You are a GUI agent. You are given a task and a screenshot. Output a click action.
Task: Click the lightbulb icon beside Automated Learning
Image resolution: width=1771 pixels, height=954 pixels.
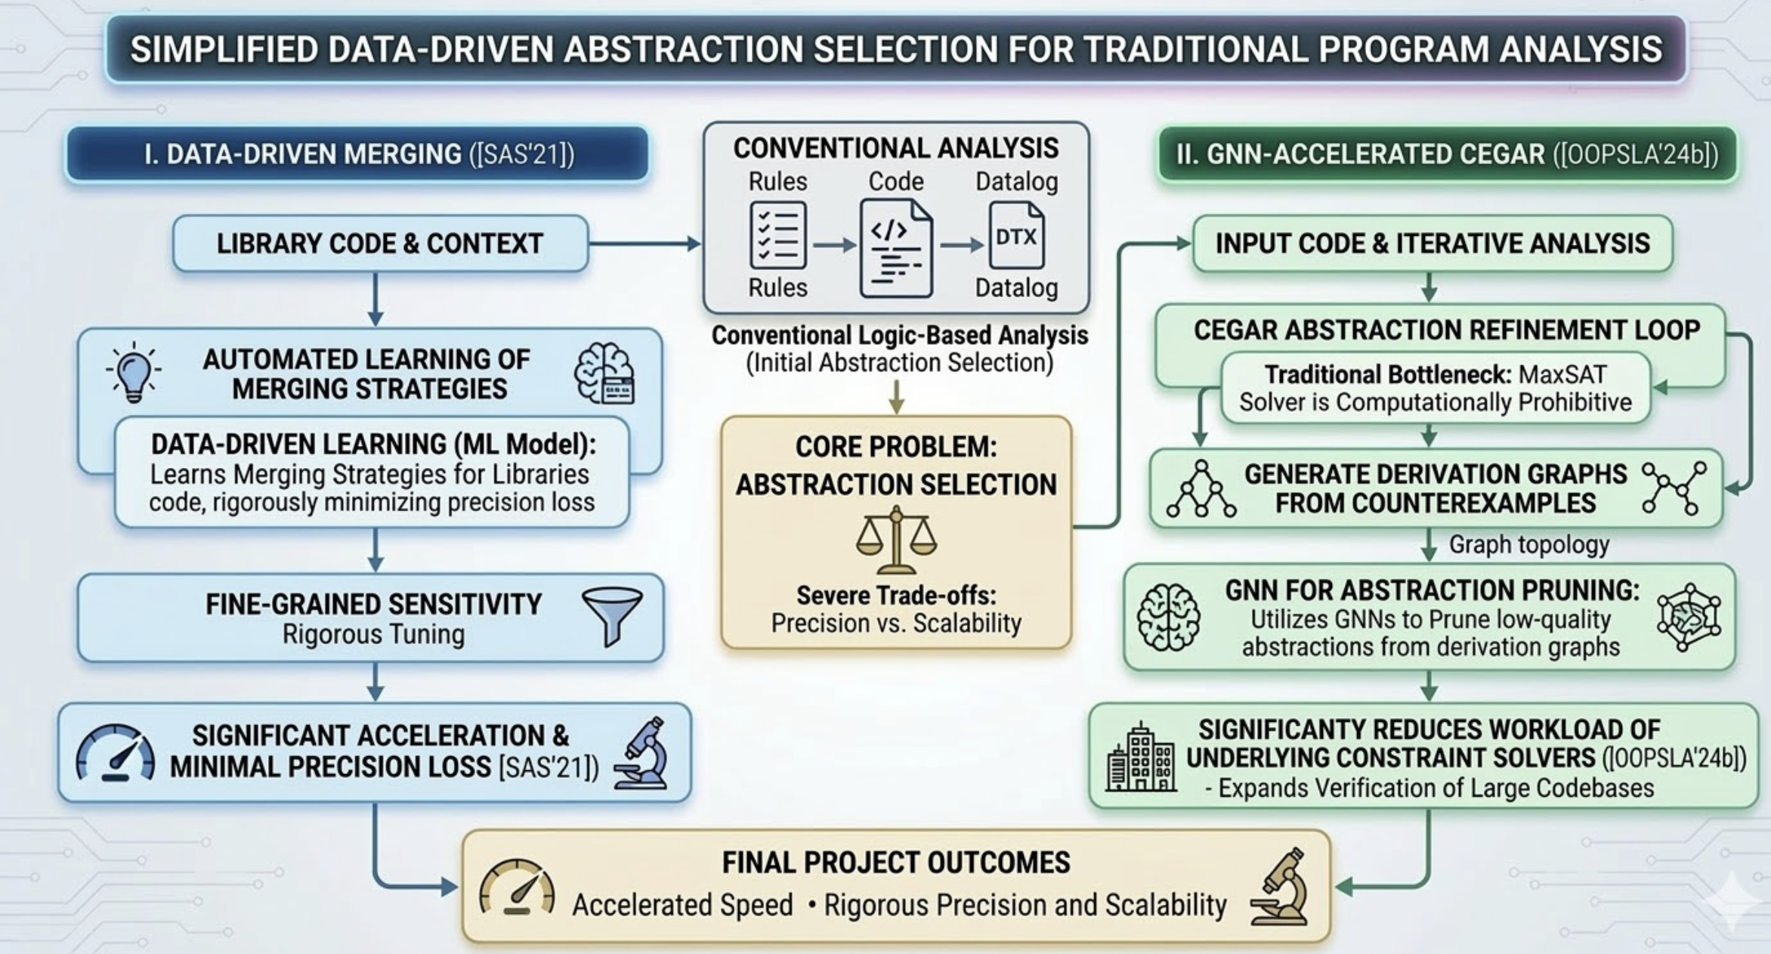[x=134, y=371]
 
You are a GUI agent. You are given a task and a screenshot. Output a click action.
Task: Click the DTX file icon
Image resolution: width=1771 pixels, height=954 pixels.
[x=1016, y=236]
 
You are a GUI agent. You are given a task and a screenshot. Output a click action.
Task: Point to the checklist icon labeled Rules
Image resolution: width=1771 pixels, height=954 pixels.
[x=777, y=235]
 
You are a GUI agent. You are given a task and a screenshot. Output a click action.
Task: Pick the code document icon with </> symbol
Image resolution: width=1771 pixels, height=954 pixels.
[x=896, y=248]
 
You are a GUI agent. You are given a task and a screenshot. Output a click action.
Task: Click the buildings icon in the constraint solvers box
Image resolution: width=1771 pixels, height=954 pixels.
[x=1140, y=757]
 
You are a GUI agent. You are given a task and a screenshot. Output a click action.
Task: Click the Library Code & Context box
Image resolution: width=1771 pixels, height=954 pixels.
[x=380, y=243]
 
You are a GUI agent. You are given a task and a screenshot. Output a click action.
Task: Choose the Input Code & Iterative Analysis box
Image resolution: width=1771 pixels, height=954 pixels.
[x=1433, y=243]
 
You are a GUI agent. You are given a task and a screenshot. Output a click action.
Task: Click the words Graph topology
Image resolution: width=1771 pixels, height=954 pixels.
[x=1528, y=544]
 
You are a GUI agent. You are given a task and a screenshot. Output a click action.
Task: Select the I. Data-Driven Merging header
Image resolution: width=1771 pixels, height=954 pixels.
[x=357, y=154]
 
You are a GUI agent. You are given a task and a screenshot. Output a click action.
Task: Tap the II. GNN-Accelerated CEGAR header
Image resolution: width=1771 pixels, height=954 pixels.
[x=1447, y=154]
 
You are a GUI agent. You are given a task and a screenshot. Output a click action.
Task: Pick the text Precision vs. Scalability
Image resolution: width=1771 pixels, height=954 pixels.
[x=896, y=624]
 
